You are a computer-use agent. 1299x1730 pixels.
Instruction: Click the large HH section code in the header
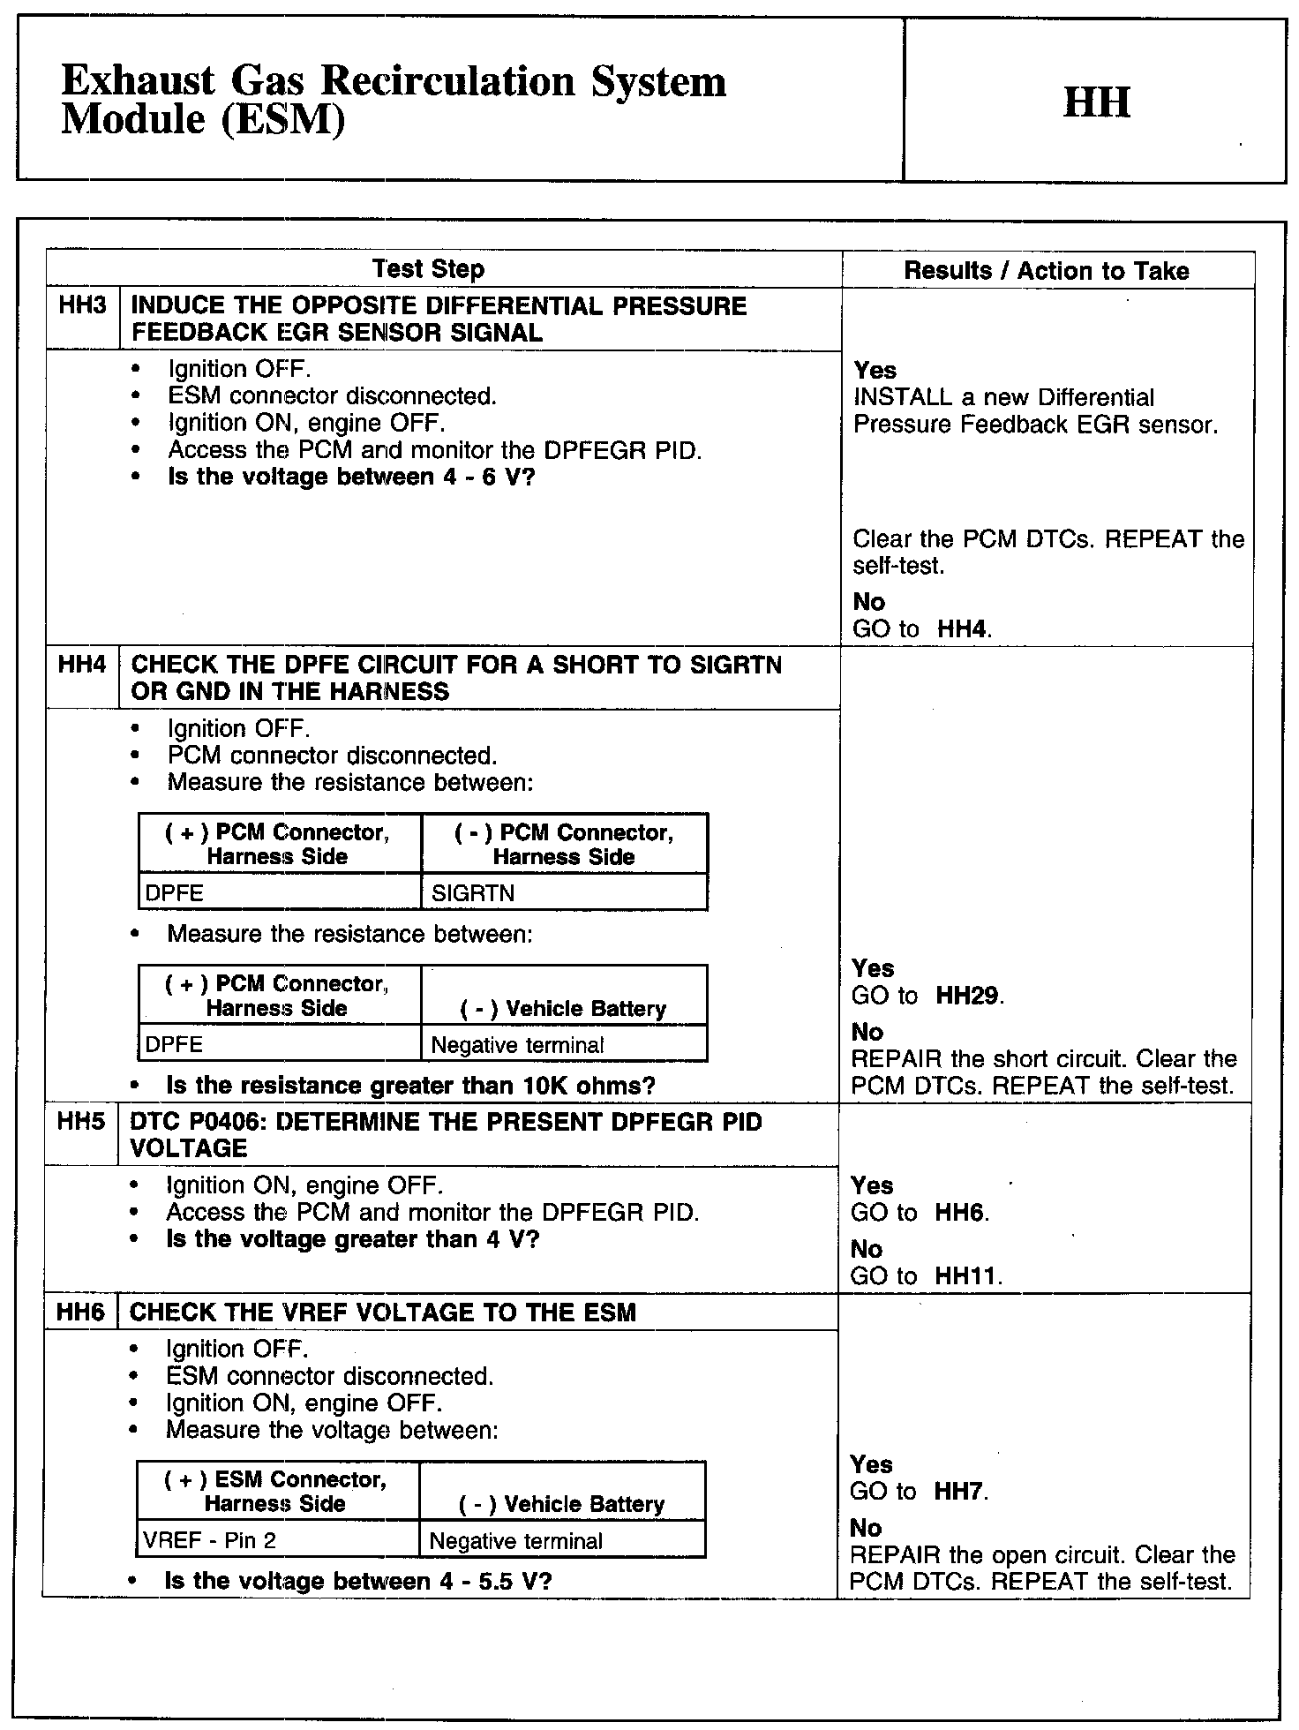click(x=1096, y=102)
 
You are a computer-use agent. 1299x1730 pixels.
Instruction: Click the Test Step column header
click(x=428, y=269)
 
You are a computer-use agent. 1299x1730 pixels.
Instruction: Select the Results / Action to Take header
click(x=1047, y=271)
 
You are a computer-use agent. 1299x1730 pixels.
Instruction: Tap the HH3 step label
click(x=82, y=306)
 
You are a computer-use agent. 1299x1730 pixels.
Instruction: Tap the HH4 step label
click(x=81, y=665)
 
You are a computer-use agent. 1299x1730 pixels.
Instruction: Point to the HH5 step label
click(x=80, y=1122)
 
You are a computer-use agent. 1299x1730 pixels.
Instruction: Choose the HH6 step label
click(x=79, y=1313)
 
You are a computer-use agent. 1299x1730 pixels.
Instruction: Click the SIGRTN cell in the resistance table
click(x=473, y=893)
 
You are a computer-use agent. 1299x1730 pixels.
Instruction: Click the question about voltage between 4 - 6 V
click(x=351, y=478)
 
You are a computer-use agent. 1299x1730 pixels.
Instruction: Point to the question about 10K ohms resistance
click(x=410, y=1086)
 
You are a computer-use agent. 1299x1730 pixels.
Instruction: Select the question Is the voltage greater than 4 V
click(x=352, y=1239)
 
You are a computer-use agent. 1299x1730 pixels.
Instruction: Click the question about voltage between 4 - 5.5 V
click(x=357, y=1581)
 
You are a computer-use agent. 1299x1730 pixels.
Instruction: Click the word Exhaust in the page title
click(x=138, y=82)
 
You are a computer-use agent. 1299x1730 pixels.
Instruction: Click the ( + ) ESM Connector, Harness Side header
click(x=275, y=1491)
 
